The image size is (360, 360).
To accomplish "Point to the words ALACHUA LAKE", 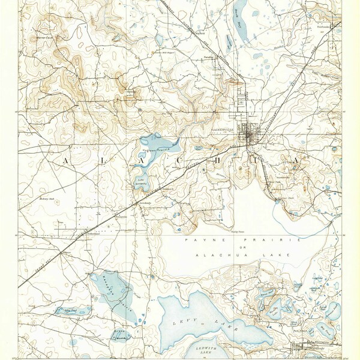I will pos(240,255).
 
